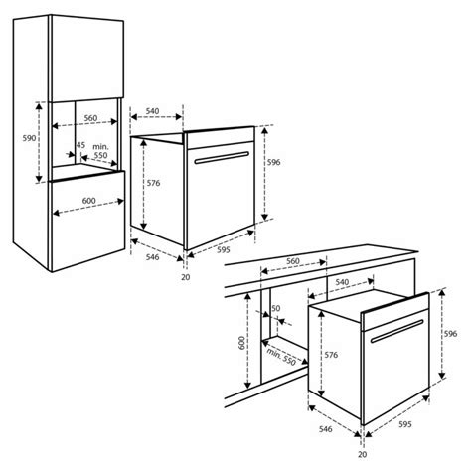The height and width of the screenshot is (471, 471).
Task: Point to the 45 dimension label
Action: (80, 146)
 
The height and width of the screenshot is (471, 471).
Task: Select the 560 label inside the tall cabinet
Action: (90, 118)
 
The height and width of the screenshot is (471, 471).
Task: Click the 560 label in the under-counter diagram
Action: (293, 262)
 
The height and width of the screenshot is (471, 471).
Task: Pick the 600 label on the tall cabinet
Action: (89, 202)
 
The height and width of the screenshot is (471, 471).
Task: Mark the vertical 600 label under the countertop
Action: (241, 344)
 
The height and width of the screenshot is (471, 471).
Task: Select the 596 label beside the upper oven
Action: (274, 162)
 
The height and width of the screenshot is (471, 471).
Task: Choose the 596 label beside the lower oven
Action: (450, 334)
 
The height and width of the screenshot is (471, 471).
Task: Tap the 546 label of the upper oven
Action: (151, 256)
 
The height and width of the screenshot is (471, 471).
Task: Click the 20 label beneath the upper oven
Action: (186, 277)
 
